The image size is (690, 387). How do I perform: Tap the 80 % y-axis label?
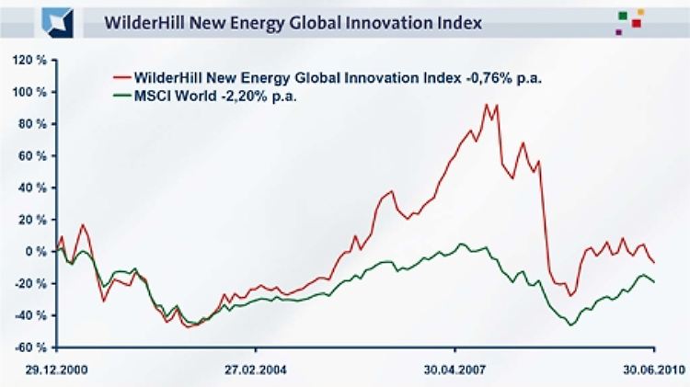28,124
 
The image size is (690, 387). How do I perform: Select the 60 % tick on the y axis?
28,155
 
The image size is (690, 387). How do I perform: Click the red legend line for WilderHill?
119,77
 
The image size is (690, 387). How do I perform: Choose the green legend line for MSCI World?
119,94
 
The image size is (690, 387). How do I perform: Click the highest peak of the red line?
486,105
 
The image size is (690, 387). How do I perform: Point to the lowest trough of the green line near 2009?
571,324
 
